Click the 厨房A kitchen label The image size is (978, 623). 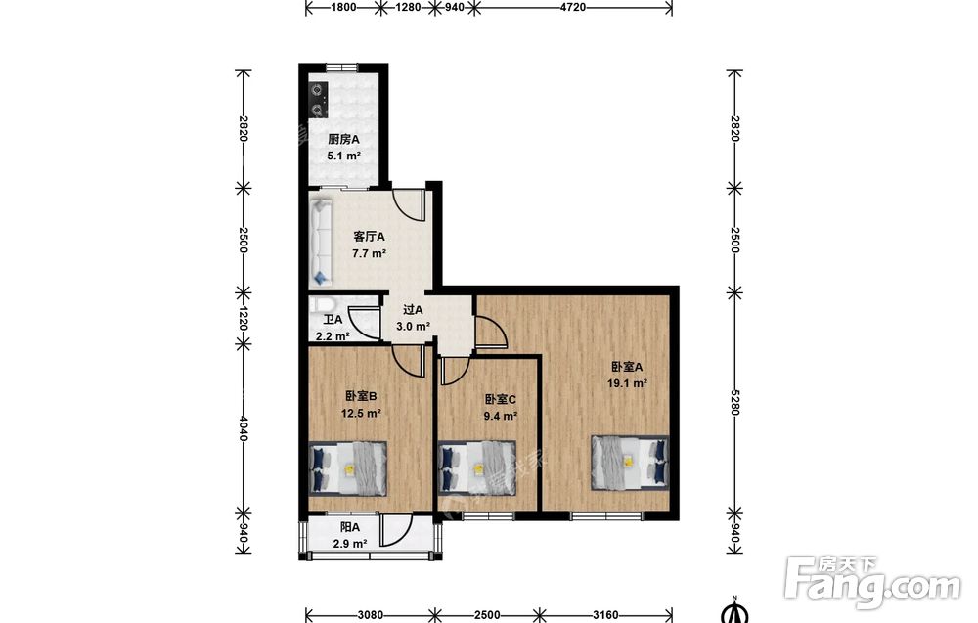point(343,140)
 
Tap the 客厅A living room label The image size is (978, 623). point(369,237)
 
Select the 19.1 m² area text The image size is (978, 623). point(627,383)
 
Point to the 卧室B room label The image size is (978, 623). point(361,395)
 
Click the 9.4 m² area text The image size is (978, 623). point(500,416)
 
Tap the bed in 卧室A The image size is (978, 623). point(630,462)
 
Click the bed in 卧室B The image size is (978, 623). point(348,468)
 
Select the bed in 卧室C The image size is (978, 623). point(477,468)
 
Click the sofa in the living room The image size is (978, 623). point(321,242)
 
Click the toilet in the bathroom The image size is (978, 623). point(324,304)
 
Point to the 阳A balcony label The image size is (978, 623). point(349,527)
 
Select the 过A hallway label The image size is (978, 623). point(413,310)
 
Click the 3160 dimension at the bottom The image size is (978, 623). point(605,615)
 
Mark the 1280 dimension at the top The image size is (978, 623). point(409,8)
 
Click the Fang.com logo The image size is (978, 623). point(872,582)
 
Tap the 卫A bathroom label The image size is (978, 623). point(333,320)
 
